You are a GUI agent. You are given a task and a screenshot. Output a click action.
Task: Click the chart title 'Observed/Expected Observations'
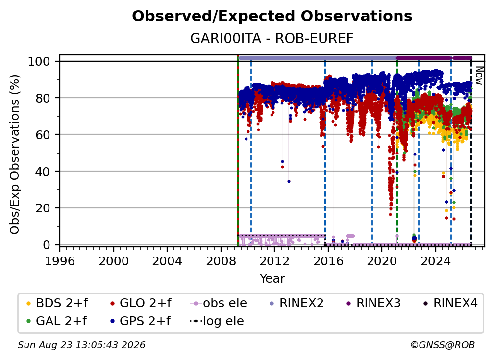click(272, 16)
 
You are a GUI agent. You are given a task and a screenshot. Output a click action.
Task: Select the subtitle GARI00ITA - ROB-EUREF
click(272, 38)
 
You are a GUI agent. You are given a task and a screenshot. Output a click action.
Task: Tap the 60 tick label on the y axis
click(43, 134)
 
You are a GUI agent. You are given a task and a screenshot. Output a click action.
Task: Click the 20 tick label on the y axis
click(43, 208)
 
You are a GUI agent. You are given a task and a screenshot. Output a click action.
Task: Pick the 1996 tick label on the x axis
click(60, 261)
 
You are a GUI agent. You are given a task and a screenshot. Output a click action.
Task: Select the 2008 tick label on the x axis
click(221, 261)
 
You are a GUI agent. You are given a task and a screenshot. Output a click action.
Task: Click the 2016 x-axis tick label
click(328, 261)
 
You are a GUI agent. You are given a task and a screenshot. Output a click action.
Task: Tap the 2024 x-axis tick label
click(435, 261)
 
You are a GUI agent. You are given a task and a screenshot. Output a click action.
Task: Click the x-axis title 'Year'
click(272, 279)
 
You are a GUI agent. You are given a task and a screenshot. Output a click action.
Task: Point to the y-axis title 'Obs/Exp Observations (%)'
click(15, 154)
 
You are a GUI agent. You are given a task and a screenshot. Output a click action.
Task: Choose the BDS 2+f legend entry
click(57, 303)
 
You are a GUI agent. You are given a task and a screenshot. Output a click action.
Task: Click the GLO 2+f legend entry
click(141, 303)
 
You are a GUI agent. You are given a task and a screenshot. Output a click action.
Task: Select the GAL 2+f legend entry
click(56, 321)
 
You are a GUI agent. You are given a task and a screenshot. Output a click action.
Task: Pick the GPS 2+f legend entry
click(140, 321)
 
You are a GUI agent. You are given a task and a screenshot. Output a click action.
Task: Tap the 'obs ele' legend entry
click(219, 303)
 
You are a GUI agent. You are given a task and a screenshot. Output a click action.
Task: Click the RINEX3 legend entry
click(373, 303)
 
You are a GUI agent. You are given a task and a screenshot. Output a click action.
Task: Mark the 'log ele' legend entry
click(217, 321)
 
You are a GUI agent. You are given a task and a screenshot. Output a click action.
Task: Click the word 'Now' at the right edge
click(479, 76)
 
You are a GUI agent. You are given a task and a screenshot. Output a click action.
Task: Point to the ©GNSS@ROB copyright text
click(443, 345)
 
